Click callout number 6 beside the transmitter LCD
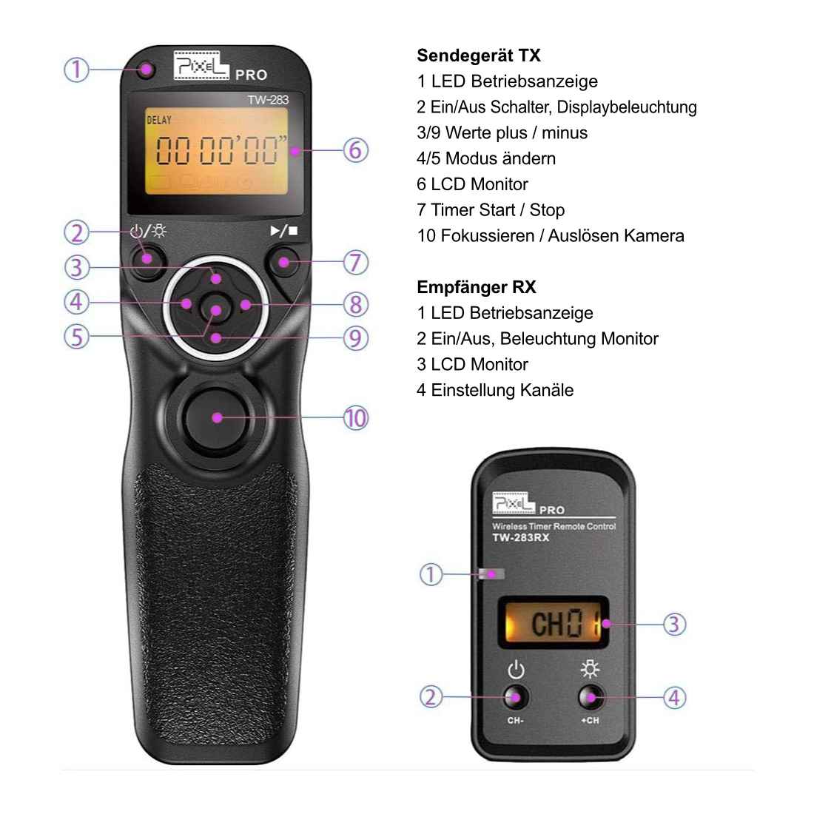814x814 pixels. (355, 150)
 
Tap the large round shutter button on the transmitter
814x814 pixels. (216, 417)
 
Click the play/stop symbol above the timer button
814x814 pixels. (284, 231)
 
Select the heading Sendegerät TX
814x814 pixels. (478, 55)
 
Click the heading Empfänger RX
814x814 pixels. (476, 287)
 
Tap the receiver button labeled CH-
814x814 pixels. (516, 697)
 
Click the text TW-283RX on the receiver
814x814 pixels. (521, 538)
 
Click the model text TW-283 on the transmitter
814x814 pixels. (268, 100)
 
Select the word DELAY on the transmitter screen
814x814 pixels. (159, 120)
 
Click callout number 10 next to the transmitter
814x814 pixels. (355, 418)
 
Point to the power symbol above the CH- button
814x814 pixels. (516, 670)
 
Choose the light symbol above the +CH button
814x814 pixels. (590, 670)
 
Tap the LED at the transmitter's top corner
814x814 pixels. (147, 70)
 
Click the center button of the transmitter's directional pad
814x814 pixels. (216, 310)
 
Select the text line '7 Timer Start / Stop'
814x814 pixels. (490, 210)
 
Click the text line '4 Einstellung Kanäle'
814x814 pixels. (494, 390)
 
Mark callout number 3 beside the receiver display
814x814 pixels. (673, 624)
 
